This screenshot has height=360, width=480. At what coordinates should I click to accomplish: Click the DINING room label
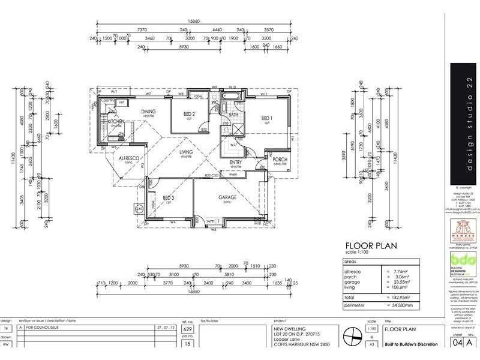(x=148, y=112)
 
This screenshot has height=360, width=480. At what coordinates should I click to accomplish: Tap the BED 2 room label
(x=188, y=114)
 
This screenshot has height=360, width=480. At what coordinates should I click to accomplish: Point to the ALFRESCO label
(x=128, y=158)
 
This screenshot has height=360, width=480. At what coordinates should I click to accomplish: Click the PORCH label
(x=280, y=160)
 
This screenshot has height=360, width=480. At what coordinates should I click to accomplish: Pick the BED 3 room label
(x=168, y=198)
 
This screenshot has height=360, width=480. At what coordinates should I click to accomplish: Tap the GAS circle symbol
(x=139, y=209)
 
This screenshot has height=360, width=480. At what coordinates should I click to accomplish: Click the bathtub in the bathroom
(x=231, y=97)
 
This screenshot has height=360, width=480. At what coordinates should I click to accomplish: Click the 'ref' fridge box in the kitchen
(x=121, y=102)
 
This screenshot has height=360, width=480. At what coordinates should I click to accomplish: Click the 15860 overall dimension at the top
(x=193, y=21)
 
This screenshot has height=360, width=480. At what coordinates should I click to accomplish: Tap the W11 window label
(x=264, y=94)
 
